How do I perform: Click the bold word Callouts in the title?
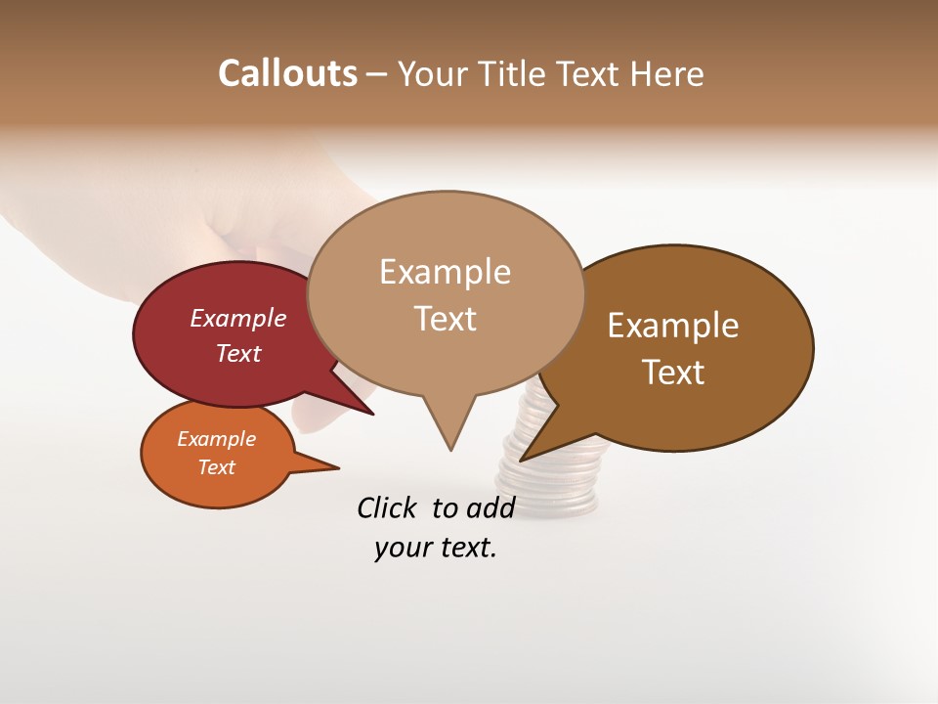click(287, 73)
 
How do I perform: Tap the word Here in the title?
click(667, 73)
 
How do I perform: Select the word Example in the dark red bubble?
click(237, 318)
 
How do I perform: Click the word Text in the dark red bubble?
click(237, 353)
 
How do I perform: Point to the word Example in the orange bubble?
click(216, 439)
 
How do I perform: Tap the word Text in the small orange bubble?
click(216, 467)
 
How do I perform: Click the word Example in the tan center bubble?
click(445, 272)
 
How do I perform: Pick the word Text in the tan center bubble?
click(445, 319)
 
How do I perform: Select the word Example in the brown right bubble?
click(673, 326)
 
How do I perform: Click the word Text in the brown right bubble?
click(673, 373)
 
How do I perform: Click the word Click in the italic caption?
click(387, 507)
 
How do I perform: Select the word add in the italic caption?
click(490, 507)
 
